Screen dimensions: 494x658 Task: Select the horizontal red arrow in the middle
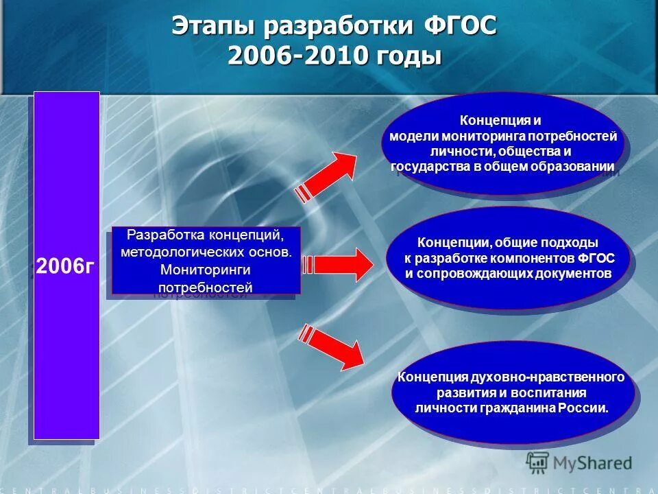[336, 265]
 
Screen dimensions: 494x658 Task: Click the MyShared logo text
[592, 463]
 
